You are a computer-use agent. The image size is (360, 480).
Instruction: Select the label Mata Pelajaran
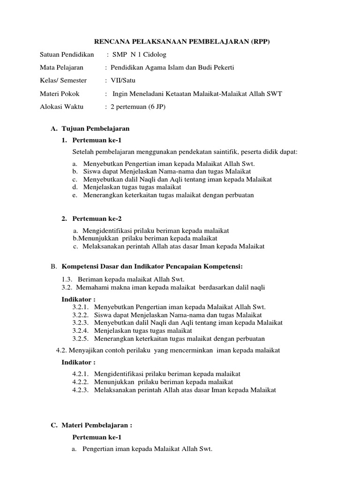coord(61,67)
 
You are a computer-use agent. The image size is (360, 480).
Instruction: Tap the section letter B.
coord(53,267)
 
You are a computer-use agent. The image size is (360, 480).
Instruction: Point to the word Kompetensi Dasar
coord(90,267)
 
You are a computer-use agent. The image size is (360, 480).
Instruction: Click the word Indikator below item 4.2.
coord(78,362)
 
